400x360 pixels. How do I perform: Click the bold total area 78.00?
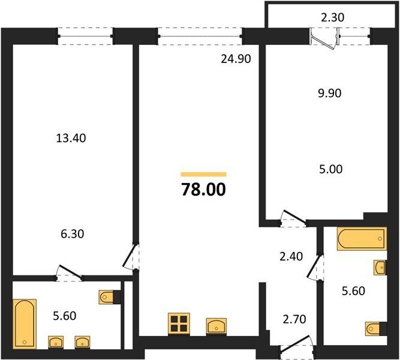(203, 190)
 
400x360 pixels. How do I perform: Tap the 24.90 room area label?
(236, 59)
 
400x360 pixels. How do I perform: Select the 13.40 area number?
(71, 138)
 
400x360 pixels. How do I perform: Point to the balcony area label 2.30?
(333, 17)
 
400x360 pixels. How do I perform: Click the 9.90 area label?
(330, 93)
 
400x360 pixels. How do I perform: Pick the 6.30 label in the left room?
(73, 234)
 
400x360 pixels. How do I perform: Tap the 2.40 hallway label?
(291, 256)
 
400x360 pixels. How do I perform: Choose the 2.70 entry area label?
(294, 319)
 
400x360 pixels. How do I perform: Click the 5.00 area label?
(331, 169)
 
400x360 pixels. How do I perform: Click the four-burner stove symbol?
(179, 323)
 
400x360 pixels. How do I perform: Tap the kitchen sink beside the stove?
(216, 326)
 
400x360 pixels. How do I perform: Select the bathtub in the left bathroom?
(25, 324)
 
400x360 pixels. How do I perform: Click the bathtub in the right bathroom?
(362, 238)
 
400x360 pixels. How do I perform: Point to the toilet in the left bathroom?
(110, 297)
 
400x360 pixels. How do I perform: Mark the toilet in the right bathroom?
(376, 329)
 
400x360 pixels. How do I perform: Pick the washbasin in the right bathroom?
(380, 268)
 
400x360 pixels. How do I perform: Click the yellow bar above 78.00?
(203, 175)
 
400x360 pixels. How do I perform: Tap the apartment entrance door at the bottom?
(297, 345)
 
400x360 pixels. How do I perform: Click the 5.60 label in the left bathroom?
(65, 316)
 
